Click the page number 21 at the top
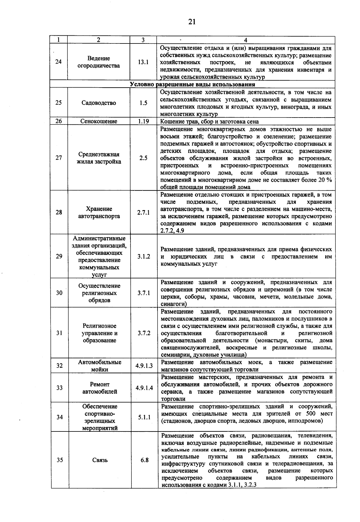192,22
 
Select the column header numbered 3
143,40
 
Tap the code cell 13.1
143,62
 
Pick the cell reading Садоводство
98,103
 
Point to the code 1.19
143,121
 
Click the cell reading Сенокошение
98,121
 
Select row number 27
59,158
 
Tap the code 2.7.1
143,213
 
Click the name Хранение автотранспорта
99,213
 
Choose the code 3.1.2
144,257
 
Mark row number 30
59,293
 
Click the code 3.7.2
144,333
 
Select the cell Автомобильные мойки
100,366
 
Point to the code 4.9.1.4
144,388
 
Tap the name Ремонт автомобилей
100,388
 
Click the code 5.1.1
144,417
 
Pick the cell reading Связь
100,460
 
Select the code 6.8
145,460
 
